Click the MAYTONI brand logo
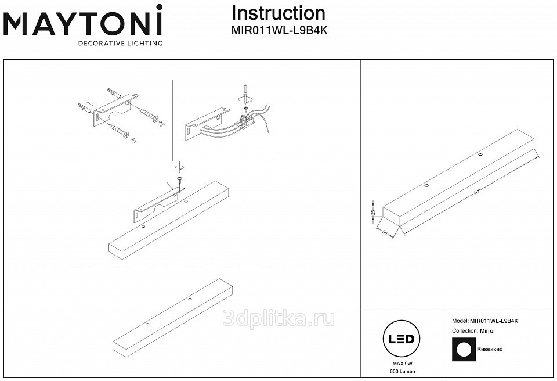click(83, 24)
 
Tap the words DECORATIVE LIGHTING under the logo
click(120, 44)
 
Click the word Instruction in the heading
click(278, 13)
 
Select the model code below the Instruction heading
click(280, 32)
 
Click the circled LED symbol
click(400, 338)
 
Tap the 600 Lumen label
click(400, 371)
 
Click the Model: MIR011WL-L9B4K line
click(485, 321)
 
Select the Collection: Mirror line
click(474, 330)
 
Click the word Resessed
click(490, 350)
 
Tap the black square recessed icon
click(463, 350)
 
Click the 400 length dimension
click(477, 192)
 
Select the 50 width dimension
click(385, 232)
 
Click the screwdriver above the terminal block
click(246, 93)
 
